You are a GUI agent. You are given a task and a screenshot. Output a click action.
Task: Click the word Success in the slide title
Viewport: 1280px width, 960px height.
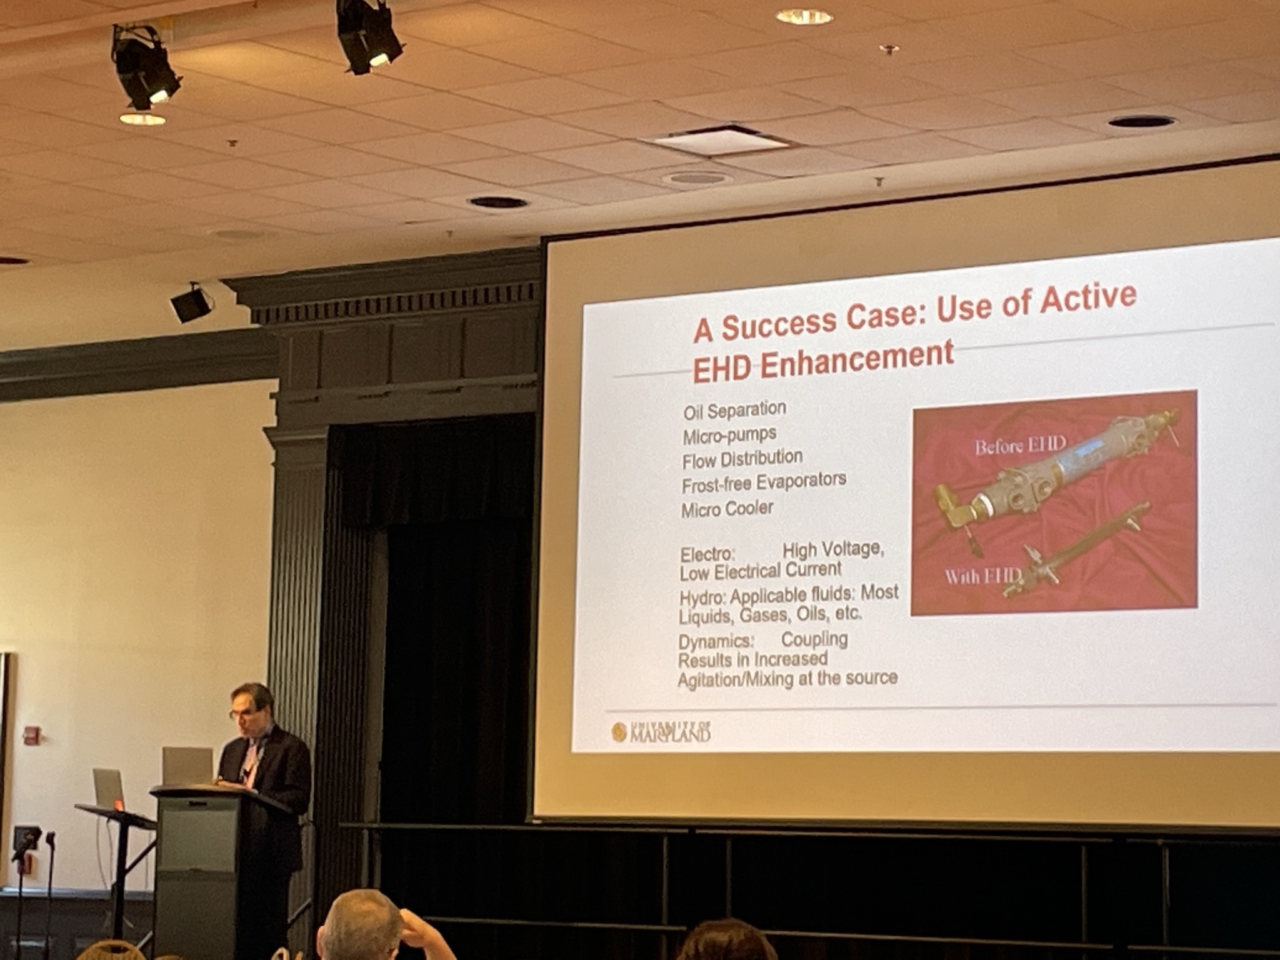[779, 321]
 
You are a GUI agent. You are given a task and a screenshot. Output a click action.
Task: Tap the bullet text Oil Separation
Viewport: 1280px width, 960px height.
[734, 410]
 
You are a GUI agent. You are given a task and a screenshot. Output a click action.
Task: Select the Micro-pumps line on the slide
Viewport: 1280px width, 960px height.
[729, 434]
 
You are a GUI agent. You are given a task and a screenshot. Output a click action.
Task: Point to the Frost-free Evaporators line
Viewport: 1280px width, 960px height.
[764, 482]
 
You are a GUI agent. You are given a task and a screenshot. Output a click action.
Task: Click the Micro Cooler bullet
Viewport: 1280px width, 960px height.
[727, 509]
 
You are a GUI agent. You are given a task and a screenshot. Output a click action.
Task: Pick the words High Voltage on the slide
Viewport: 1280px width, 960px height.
[833, 549]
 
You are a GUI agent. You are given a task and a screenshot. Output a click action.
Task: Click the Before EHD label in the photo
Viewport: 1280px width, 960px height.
[1020, 446]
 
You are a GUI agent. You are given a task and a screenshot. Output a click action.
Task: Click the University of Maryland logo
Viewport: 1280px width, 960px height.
[661, 731]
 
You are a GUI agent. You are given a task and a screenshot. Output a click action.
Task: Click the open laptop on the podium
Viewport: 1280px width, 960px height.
[187, 766]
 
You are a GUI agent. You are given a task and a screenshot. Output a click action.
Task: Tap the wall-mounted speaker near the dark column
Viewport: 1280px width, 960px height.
[191, 303]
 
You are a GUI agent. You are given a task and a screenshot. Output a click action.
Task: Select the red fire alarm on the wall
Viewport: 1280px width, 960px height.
[31, 735]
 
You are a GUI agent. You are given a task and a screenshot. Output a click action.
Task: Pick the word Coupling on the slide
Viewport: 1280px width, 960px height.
[814, 639]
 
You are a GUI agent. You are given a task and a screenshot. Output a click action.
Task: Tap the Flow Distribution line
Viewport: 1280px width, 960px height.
[742, 459]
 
